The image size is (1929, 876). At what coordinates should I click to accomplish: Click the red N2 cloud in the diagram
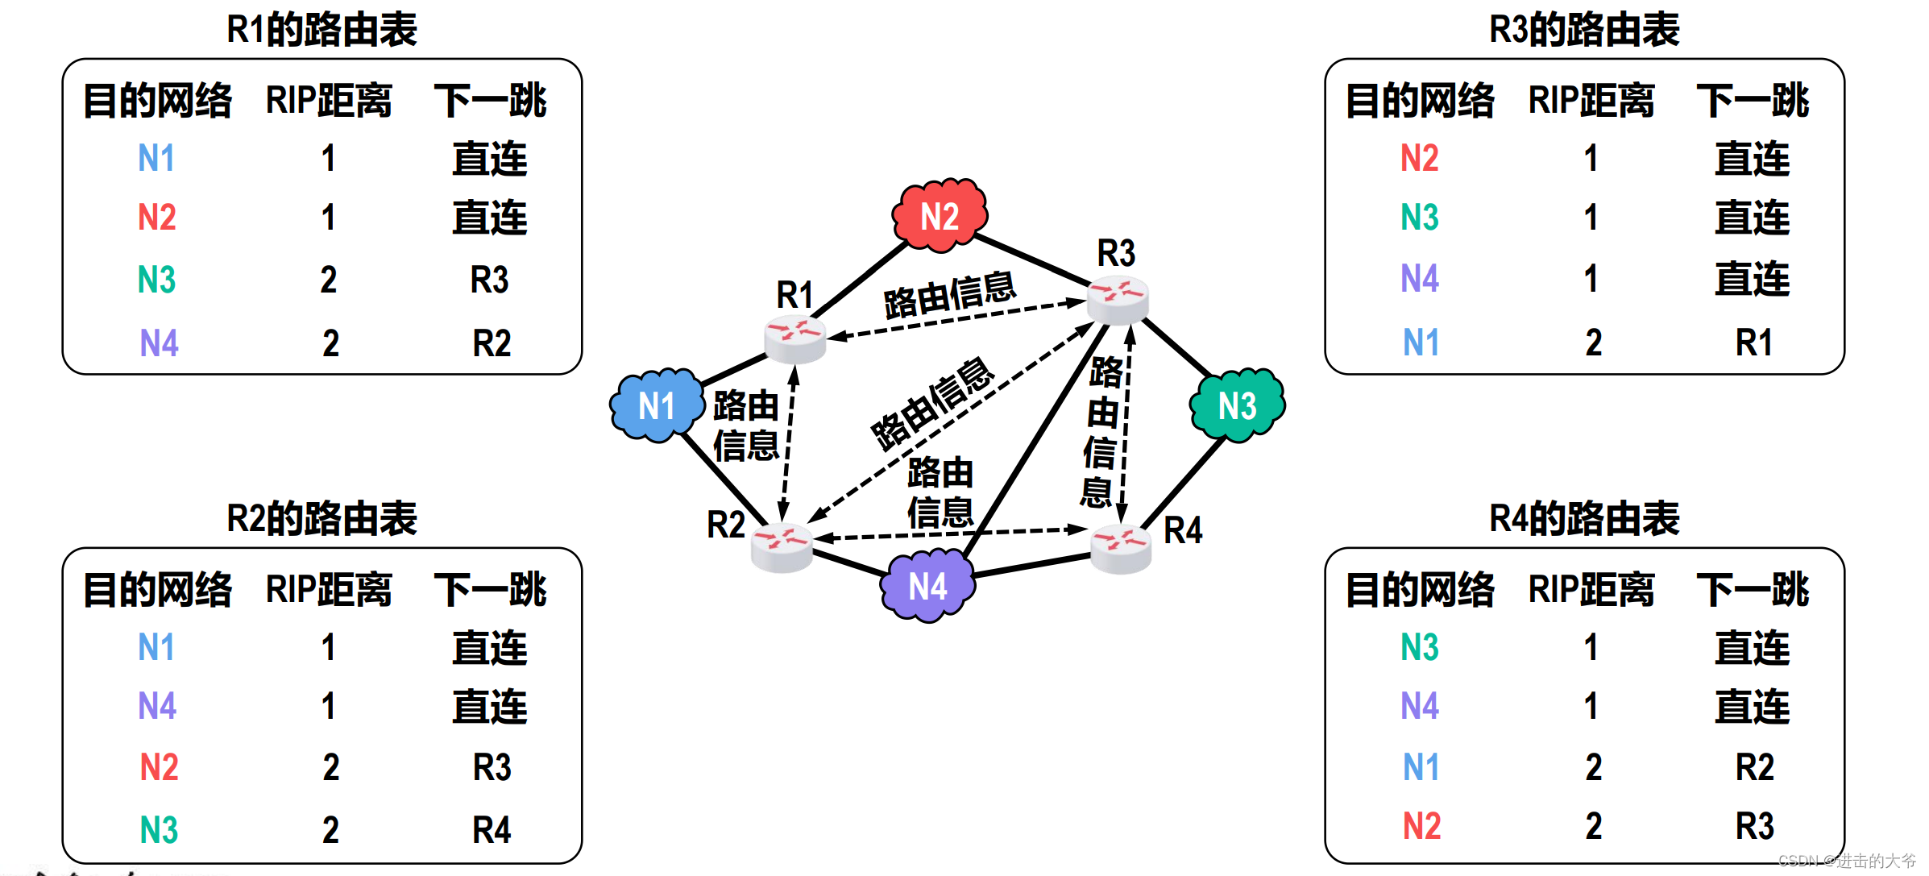940,215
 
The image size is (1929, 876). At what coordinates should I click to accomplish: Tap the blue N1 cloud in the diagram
657,405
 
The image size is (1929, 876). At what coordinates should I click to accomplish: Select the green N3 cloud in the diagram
1237,405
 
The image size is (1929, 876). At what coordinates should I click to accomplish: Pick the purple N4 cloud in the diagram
928,586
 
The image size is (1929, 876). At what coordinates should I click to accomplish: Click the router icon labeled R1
794,338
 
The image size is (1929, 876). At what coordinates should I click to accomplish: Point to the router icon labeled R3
1118,299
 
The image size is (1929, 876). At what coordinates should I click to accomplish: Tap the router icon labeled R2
782,547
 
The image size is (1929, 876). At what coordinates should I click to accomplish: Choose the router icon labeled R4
1121,549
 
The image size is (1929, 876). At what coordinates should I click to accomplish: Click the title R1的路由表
321,30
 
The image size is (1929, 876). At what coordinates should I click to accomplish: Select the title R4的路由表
1584,518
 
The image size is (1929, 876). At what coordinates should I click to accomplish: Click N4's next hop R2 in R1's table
492,343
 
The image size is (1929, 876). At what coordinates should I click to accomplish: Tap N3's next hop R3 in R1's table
490,280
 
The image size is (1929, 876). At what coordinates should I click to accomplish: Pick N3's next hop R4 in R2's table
492,829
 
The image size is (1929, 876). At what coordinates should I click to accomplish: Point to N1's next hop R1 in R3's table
1754,343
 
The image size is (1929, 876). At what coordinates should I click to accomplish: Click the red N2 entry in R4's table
1421,827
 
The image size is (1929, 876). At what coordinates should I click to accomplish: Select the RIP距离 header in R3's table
1591,101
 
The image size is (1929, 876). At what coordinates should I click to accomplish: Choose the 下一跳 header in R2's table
490,590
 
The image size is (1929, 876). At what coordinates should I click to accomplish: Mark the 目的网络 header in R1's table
158,101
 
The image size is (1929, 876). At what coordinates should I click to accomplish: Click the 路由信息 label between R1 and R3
949,295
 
